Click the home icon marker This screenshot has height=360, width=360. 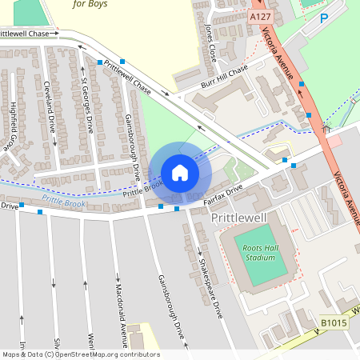[x=179, y=172]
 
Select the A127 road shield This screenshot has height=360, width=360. [x=259, y=16]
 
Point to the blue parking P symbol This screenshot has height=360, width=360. [x=324, y=18]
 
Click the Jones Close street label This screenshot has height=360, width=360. [x=210, y=42]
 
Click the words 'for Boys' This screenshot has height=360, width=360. [x=90, y=4]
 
